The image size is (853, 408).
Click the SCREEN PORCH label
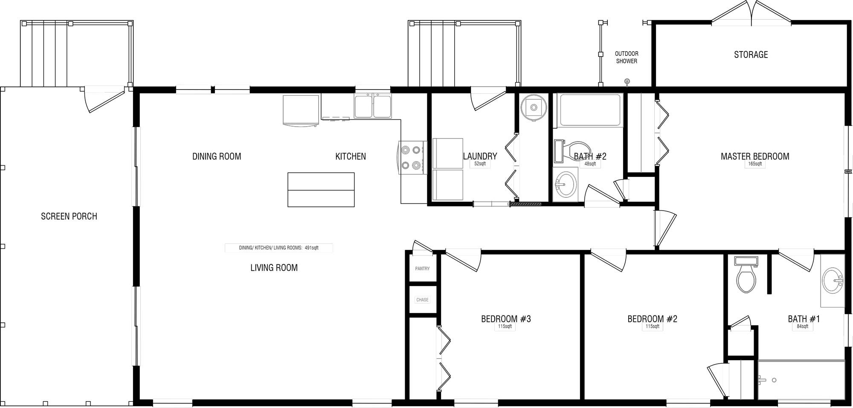pos(69,216)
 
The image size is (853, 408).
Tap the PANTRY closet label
pos(422,269)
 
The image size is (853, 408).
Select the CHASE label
pos(422,300)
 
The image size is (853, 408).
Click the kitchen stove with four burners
pos(413,157)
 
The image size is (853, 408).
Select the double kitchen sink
pos(373,106)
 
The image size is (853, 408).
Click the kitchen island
pos(321,190)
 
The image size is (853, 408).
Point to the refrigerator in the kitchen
pos(301,110)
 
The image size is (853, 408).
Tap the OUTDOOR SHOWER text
pos(627,57)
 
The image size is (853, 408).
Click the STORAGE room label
pos(751,55)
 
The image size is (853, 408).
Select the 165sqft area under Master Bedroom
pos(754,164)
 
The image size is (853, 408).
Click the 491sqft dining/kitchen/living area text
pos(279,248)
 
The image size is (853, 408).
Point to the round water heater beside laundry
pos(534,107)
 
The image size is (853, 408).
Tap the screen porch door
pos(104,99)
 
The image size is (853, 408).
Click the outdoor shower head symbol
pos(627,81)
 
